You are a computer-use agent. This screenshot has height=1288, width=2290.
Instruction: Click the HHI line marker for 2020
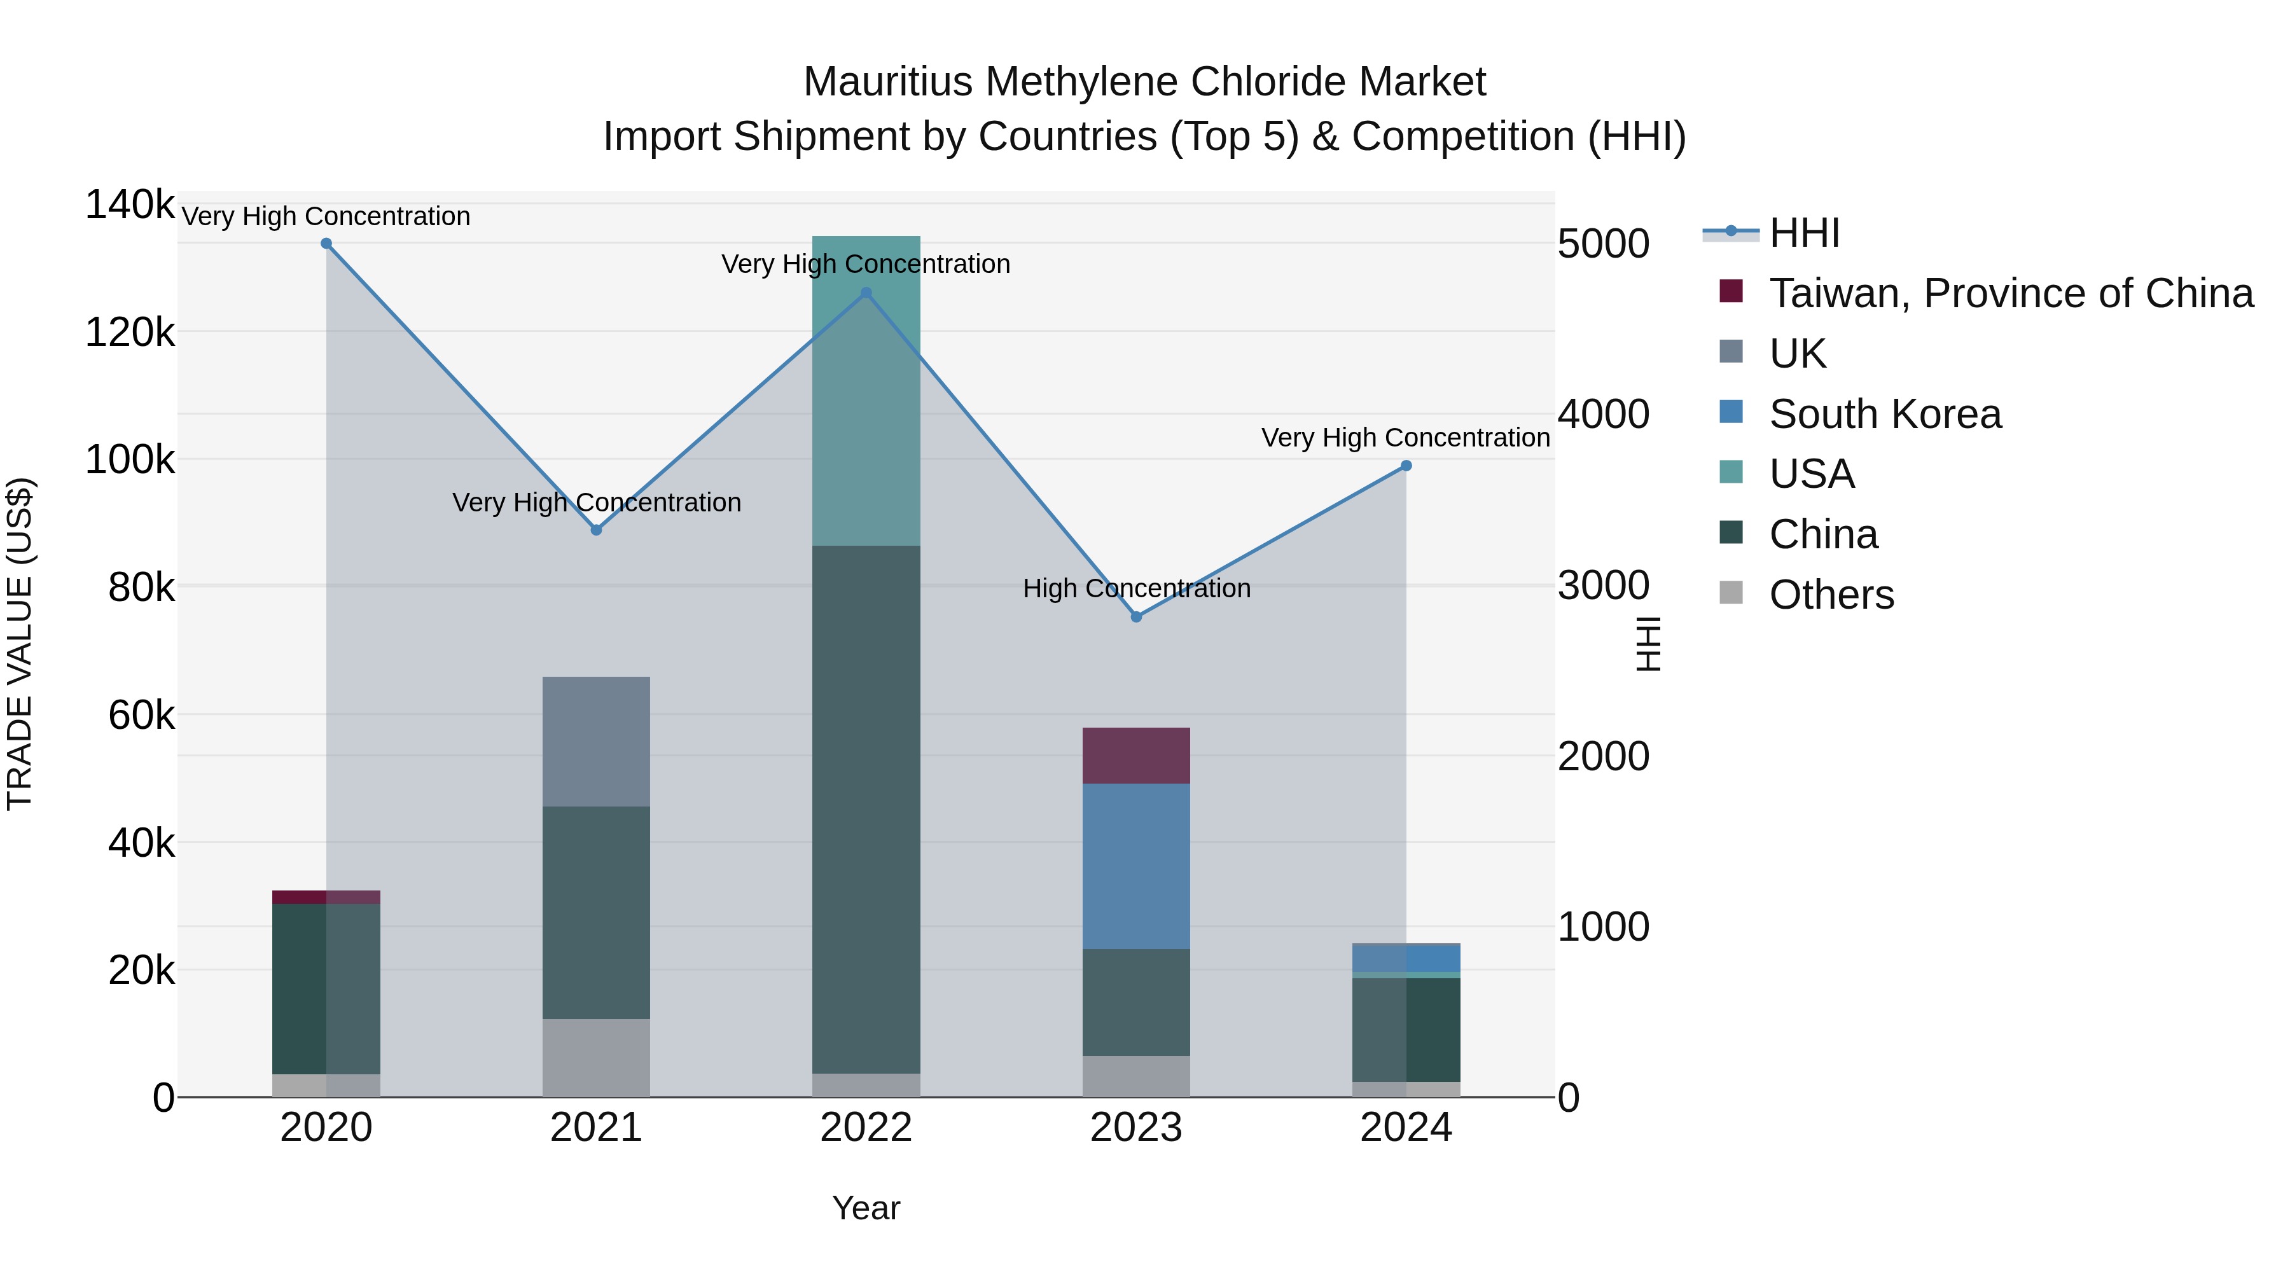pos(326,244)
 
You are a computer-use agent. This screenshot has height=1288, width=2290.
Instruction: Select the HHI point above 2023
pos(1136,617)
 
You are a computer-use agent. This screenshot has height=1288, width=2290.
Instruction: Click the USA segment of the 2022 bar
pos(866,391)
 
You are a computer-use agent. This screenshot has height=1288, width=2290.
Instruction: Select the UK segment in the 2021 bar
pos(595,742)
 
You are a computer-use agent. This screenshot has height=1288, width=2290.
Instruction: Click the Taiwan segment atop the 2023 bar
pos(1136,756)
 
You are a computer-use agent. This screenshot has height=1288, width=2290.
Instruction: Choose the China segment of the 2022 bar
pos(866,809)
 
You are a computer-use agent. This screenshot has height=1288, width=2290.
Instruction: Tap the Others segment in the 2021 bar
pos(595,1058)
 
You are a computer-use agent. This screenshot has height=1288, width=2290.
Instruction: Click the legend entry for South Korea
pos(1885,414)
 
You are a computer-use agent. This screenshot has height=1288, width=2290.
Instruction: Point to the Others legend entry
pos(1831,595)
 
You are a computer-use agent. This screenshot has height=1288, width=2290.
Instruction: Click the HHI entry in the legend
pos(1805,233)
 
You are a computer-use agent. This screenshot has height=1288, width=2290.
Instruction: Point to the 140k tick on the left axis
pos(130,205)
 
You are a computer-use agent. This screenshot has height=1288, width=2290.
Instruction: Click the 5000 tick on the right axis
pos(1604,244)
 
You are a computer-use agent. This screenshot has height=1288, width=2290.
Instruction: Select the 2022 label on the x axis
pos(866,1128)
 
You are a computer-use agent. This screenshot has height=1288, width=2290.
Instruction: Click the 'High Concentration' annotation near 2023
pos(1136,588)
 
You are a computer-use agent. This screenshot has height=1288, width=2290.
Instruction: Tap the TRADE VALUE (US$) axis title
pos(20,644)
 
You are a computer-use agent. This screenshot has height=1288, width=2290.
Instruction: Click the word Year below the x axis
pos(866,1208)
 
